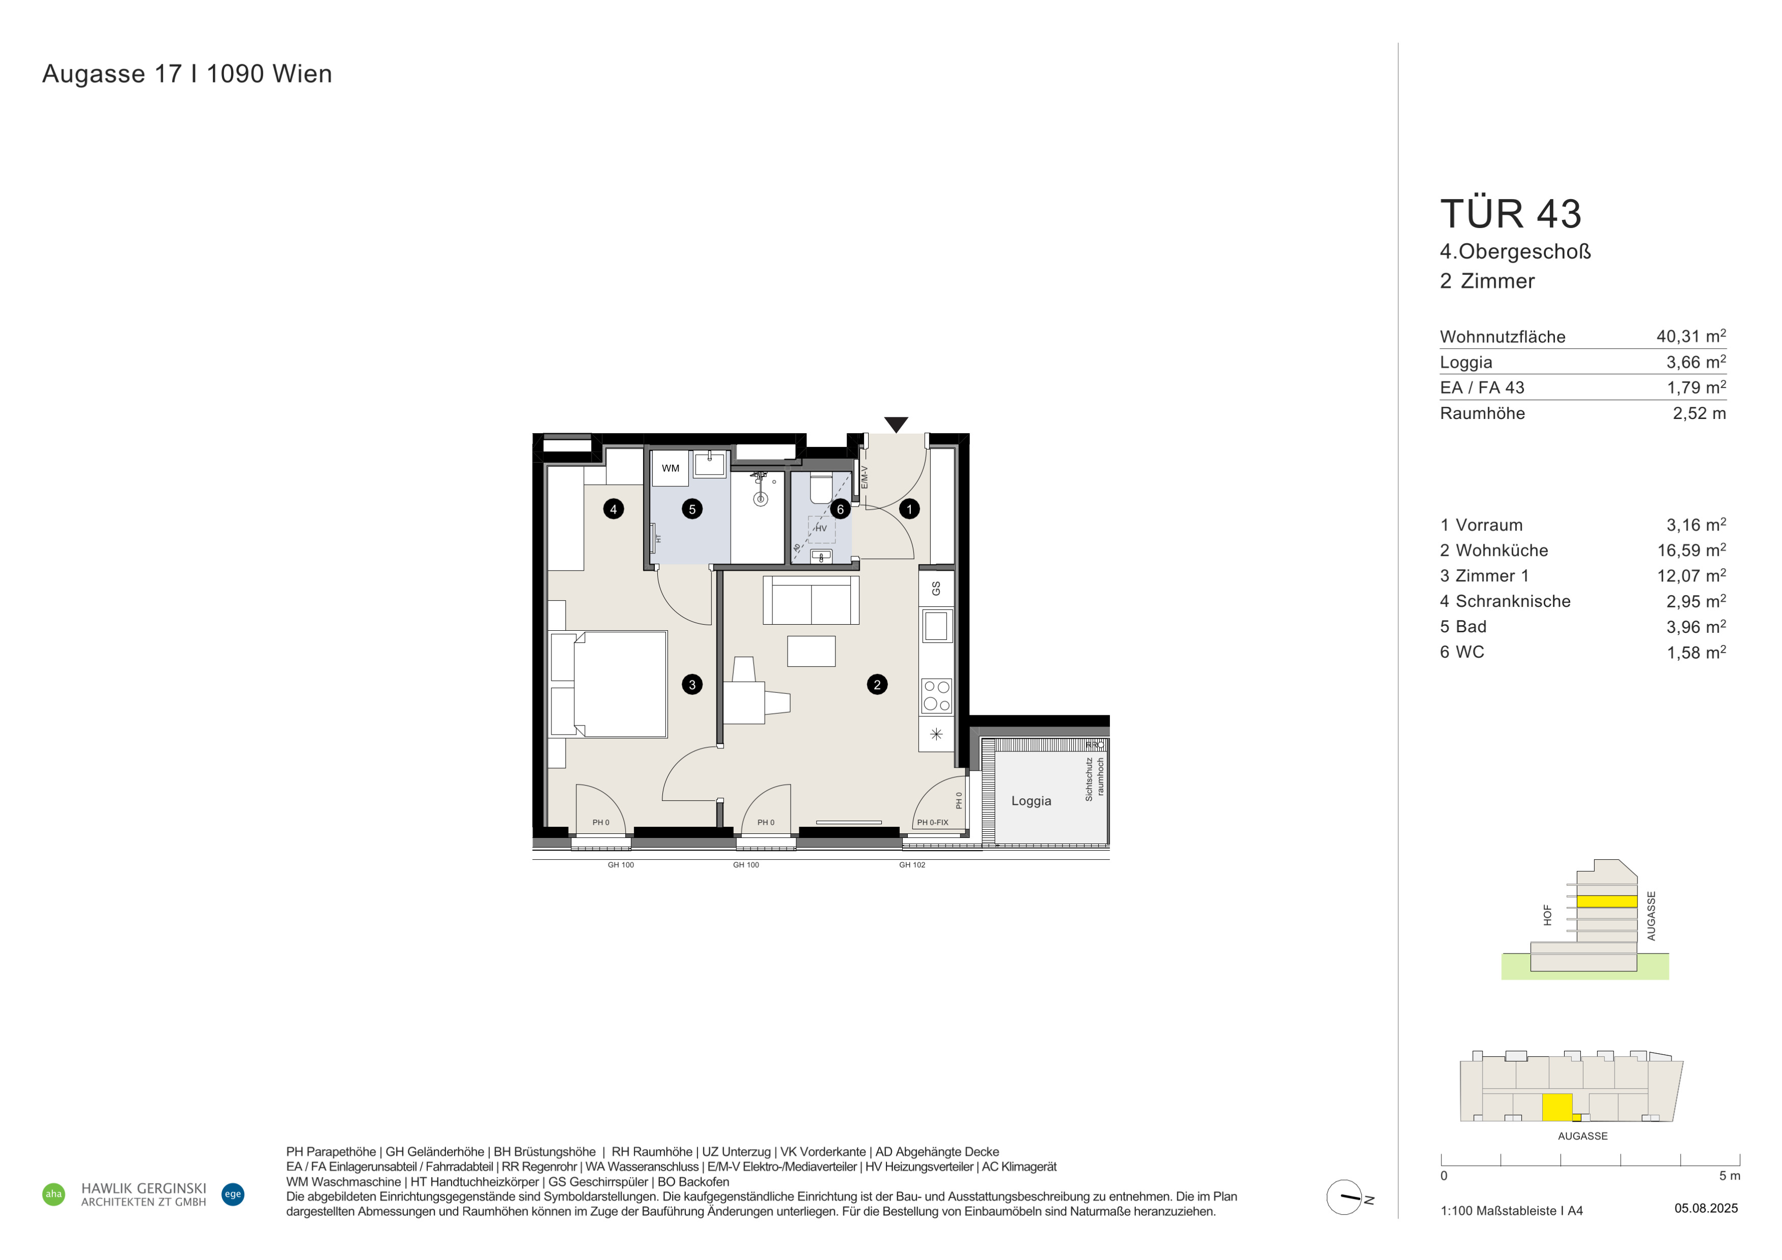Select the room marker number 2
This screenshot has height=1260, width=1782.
pos(877,684)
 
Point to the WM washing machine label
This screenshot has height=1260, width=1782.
pos(671,468)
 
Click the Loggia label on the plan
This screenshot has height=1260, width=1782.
pos(1031,801)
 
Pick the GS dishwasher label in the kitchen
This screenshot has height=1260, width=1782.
pos(936,588)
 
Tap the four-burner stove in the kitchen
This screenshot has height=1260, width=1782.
pos(936,696)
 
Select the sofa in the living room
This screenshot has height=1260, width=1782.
pos(811,600)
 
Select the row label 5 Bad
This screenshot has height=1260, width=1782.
pos(1463,626)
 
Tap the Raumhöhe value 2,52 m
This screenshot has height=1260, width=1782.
pos(1700,413)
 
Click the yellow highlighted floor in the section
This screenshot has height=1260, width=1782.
pos(1606,902)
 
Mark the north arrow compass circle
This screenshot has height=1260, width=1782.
pos(1344,1197)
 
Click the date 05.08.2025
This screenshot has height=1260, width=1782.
pos(1706,1208)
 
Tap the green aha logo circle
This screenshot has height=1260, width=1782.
pos(53,1194)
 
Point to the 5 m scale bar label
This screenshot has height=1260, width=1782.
pos(1729,1175)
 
